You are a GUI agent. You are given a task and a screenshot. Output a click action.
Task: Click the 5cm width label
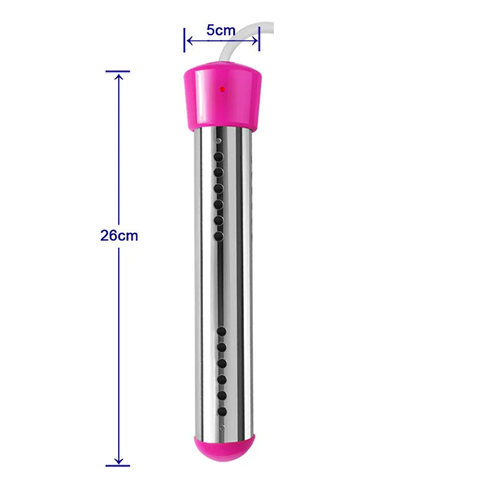point(221,30)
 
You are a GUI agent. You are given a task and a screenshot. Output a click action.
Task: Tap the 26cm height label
point(119,236)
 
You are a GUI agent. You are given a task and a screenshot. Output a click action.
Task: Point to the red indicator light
point(222,90)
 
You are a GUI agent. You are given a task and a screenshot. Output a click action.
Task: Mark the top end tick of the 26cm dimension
point(118,72)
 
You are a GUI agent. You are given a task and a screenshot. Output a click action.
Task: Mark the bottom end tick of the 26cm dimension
point(118,464)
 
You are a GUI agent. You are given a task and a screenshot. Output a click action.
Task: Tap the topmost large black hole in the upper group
point(218,156)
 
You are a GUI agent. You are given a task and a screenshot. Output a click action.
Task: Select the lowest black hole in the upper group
point(218,236)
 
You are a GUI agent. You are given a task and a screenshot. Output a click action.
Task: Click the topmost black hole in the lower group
point(221,330)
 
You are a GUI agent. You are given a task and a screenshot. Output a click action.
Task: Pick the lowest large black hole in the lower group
point(221,411)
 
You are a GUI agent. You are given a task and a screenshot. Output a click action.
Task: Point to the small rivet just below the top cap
point(217,141)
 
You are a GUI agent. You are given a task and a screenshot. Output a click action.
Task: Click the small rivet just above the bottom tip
point(222,427)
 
